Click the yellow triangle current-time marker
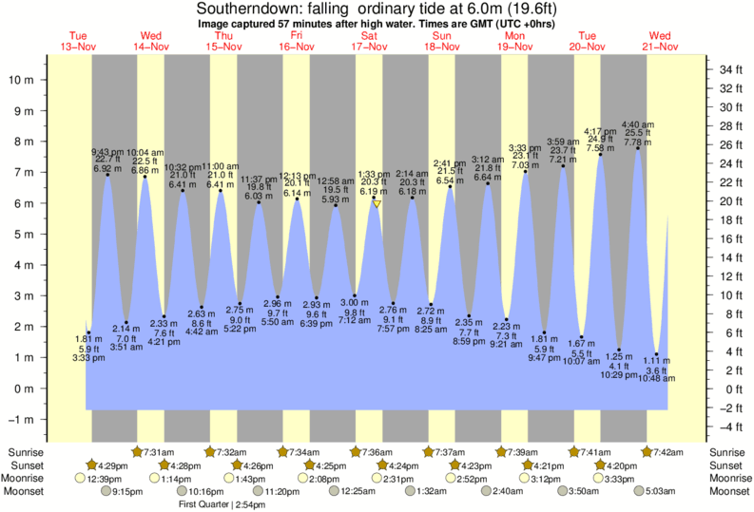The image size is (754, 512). [377, 204]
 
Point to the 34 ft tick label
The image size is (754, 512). [730, 70]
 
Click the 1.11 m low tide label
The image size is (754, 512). [656, 360]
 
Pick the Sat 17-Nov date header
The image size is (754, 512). [369, 41]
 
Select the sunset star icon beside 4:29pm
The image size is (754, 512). [91, 465]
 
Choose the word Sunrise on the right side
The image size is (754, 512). [727, 451]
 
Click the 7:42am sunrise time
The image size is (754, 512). [669, 451]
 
